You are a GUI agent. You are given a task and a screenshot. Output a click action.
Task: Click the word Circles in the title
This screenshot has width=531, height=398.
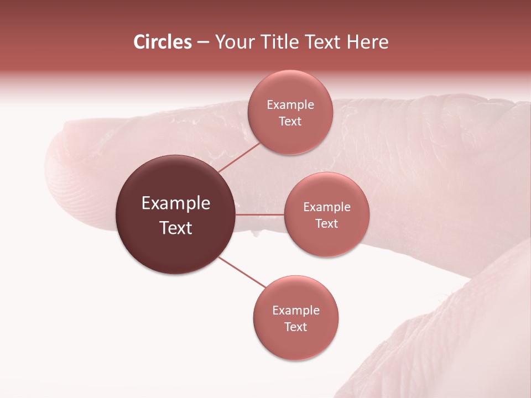pos(162,42)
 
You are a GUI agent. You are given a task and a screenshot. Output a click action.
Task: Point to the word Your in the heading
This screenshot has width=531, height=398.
pos(235,42)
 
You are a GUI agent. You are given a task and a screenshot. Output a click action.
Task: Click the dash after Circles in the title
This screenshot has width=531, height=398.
pos(203,43)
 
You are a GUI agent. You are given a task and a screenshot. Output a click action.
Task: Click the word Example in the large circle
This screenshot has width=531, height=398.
pos(176,203)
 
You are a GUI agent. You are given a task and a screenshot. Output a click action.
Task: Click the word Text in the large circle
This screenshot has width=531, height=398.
pos(176,228)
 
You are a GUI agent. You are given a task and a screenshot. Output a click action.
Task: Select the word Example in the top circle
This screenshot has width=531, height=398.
pos(290,105)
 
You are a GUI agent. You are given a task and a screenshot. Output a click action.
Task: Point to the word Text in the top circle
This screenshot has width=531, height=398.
pos(290,122)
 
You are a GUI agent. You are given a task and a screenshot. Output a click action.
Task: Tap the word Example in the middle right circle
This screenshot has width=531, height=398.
pos(326,207)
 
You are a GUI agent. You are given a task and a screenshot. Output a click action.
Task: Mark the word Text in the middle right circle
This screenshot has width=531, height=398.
pos(326,224)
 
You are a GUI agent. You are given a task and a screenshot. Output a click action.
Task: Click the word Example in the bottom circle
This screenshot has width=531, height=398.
pos(296,311)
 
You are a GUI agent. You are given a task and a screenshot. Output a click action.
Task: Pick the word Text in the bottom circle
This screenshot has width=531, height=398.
pos(296,327)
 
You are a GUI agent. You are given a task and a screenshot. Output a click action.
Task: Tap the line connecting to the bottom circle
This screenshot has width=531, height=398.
pos(242,272)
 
